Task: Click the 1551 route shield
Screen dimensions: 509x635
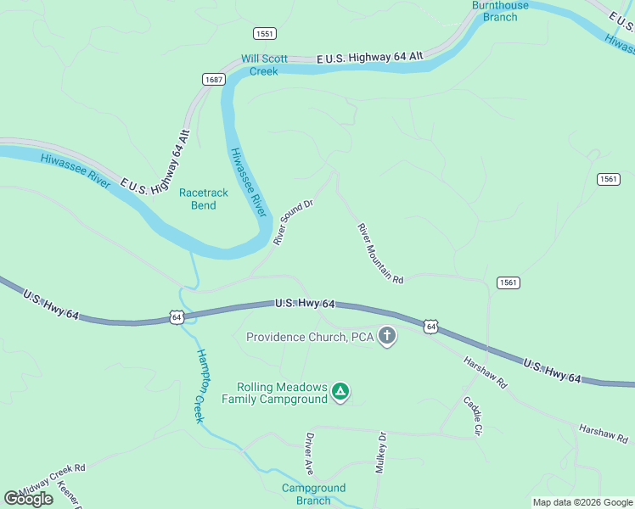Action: [x=264, y=33]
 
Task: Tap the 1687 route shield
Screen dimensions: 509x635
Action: [x=213, y=79]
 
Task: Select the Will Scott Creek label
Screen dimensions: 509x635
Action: [x=264, y=65]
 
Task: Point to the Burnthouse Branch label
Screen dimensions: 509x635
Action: [x=500, y=11]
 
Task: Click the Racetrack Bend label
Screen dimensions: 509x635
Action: [x=204, y=199]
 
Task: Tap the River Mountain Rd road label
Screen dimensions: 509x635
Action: [x=379, y=253]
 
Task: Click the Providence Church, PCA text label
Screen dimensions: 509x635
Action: [x=310, y=337]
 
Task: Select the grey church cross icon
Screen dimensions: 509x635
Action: [x=387, y=337]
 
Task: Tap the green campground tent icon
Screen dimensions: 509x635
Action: [x=340, y=391]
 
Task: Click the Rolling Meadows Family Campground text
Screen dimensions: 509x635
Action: [x=276, y=392]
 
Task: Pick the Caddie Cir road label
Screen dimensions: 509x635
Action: [x=472, y=416]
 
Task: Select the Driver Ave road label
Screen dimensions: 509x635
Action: [x=310, y=455]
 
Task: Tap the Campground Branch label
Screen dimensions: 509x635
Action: [x=313, y=494]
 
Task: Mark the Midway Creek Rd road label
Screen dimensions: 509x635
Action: [x=53, y=479]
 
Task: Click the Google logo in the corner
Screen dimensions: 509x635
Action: [x=29, y=499]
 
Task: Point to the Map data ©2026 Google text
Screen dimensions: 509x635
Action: [x=582, y=502]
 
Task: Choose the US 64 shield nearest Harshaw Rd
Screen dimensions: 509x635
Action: [x=431, y=326]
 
